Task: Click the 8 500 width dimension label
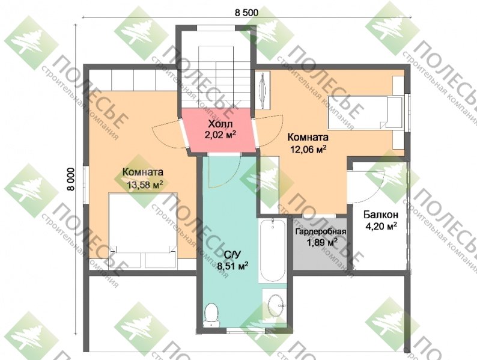pyautogui.click(x=246, y=13)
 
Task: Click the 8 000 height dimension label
pyautogui.click(x=70, y=179)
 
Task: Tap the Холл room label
pyautogui.click(x=220, y=124)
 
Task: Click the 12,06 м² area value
pyautogui.click(x=308, y=149)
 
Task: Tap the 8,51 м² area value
pyautogui.click(x=231, y=266)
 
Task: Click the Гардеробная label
pyautogui.click(x=321, y=232)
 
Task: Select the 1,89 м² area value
pyautogui.click(x=321, y=242)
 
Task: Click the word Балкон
pyautogui.click(x=381, y=215)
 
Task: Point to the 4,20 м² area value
pyautogui.click(x=381, y=226)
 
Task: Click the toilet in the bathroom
pyautogui.click(x=210, y=314)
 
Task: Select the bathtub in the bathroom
pyautogui.click(x=273, y=249)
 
